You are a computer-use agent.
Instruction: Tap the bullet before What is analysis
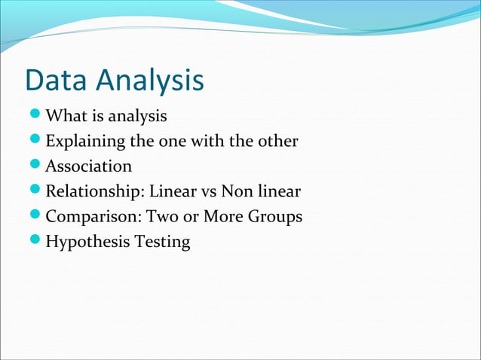[35, 117]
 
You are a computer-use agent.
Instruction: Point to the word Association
[89, 166]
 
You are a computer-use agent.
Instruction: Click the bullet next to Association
[35, 166]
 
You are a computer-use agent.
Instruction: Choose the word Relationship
[89, 192]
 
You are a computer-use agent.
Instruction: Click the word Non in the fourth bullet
[236, 192]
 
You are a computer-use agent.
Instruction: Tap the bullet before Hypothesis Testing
[35, 242]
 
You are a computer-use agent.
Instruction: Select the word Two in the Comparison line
[161, 217]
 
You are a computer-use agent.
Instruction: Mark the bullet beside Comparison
[35, 217]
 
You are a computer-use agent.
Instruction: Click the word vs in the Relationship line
[206, 192]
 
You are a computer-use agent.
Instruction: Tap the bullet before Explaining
[35, 142]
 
